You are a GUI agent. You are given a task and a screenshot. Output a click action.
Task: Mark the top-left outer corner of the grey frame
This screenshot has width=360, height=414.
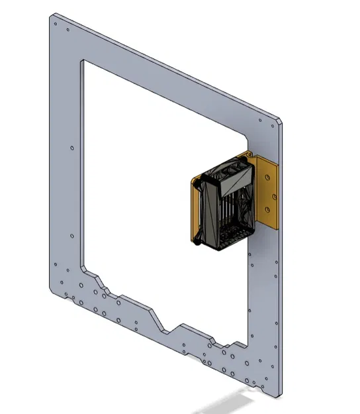51,17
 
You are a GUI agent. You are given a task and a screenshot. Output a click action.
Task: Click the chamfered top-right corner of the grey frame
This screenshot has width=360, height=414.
279,121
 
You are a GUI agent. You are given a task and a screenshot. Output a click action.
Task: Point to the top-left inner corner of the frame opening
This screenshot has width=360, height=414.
81,61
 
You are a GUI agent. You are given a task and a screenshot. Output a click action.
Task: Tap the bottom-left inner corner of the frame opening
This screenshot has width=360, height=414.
82,268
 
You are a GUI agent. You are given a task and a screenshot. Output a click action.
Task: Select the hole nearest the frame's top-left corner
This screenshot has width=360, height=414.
56,26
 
